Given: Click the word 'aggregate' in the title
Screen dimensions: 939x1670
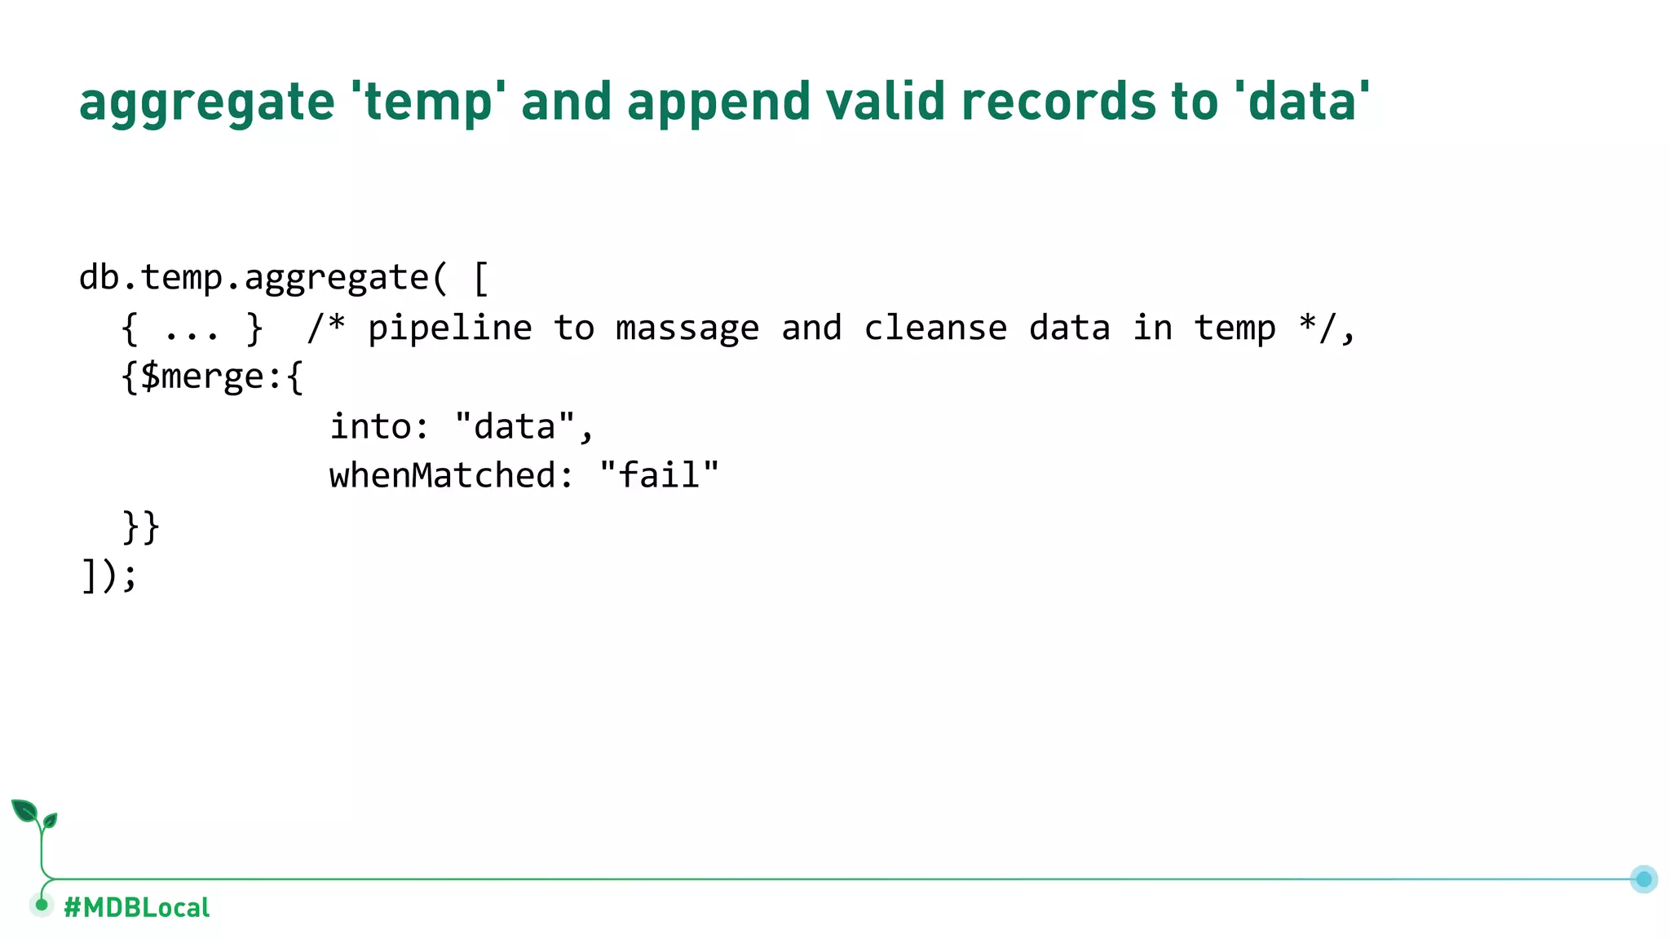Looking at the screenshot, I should pos(207,103).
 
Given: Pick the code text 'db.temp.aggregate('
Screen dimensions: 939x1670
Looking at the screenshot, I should pos(263,279).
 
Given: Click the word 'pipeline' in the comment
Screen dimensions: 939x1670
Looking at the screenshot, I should pos(449,328).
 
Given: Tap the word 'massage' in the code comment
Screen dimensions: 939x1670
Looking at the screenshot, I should pos(687,328).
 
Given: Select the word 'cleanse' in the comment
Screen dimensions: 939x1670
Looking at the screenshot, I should pos(934,328).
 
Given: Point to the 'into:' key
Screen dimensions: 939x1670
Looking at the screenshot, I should pos(378,426).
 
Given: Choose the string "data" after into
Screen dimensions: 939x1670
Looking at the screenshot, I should pos(515,426).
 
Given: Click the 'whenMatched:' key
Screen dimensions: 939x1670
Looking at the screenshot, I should pos(451,475).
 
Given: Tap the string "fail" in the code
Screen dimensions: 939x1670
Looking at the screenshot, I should pos(659,475).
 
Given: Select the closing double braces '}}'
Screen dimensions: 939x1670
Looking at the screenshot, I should pos(141,527).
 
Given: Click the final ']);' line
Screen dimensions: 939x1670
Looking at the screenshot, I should pos(109,575).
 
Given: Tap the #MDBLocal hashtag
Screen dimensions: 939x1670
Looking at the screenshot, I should pos(136,907).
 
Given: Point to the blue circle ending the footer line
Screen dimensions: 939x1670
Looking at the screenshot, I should pos(1643,879).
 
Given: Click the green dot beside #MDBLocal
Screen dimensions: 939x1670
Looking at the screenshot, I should pos(42,905).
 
